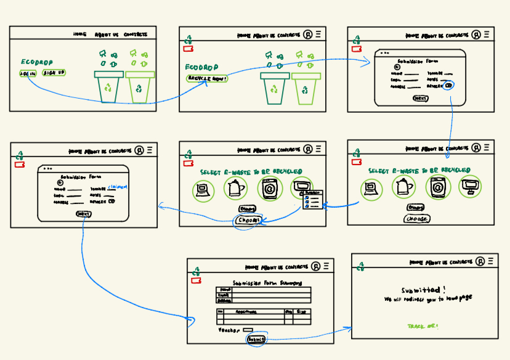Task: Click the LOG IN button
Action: click(x=28, y=73)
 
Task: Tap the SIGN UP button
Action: click(x=54, y=73)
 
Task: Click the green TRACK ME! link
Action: click(x=423, y=325)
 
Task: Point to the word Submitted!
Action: click(x=423, y=290)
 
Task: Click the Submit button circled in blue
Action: click(x=256, y=339)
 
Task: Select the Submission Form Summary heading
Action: click(x=267, y=284)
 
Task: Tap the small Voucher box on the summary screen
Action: click(x=248, y=330)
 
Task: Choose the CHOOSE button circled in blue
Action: click(x=249, y=220)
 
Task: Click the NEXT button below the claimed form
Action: click(x=83, y=213)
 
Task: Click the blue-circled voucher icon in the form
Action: click(x=448, y=86)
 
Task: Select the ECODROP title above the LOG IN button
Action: click(x=37, y=62)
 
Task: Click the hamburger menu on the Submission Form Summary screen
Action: click(x=326, y=266)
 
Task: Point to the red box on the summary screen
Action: click(x=196, y=280)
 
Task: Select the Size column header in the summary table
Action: click(x=301, y=312)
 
